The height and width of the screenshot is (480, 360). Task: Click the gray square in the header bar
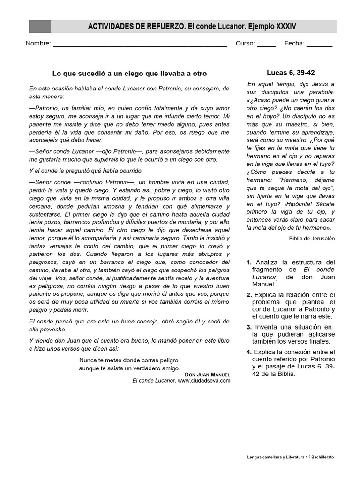(x=40, y=27)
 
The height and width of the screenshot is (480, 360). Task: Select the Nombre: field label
(x=38, y=44)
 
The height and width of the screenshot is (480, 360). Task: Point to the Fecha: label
(x=294, y=44)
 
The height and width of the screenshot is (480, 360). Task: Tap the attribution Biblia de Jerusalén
(x=312, y=238)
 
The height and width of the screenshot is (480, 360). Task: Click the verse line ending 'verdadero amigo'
(x=129, y=368)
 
